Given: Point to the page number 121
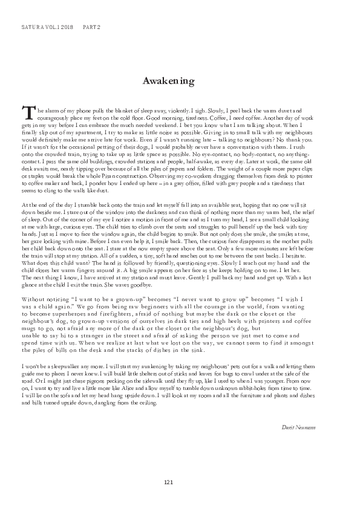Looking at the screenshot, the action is (169, 481).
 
